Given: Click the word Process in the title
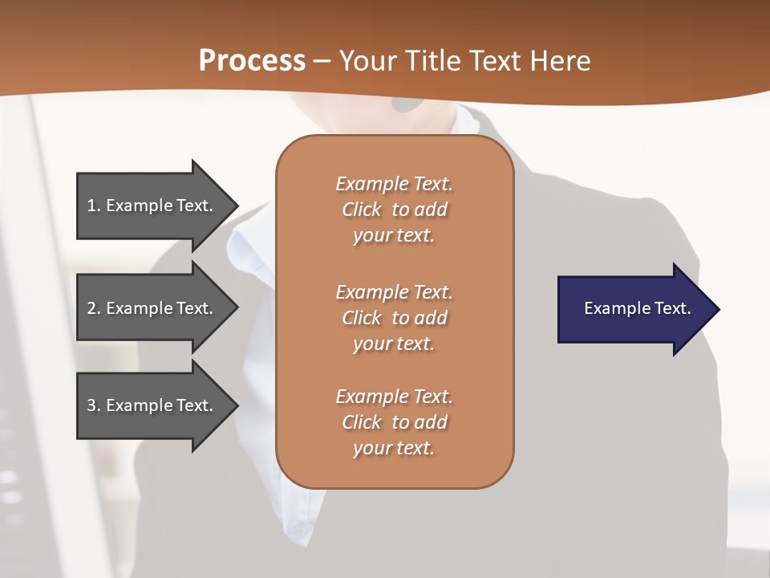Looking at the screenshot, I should click(x=252, y=60).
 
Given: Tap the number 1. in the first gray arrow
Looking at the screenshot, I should click(x=94, y=206).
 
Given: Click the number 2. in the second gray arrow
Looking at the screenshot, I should click(x=94, y=308).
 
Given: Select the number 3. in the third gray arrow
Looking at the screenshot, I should click(x=94, y=405).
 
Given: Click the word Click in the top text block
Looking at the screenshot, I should click(x=362, y=210).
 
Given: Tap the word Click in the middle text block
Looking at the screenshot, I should click(x=362, y=318).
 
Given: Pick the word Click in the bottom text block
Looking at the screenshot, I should click(x=362, y=422).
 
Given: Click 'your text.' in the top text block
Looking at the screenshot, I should click(x=394, y=236).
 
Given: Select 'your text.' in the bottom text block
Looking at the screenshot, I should click(x=394, y=448).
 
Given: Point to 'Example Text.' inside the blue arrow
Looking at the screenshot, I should click(x=638, y=308).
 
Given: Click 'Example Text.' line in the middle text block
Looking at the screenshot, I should click(x=394, y=292).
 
